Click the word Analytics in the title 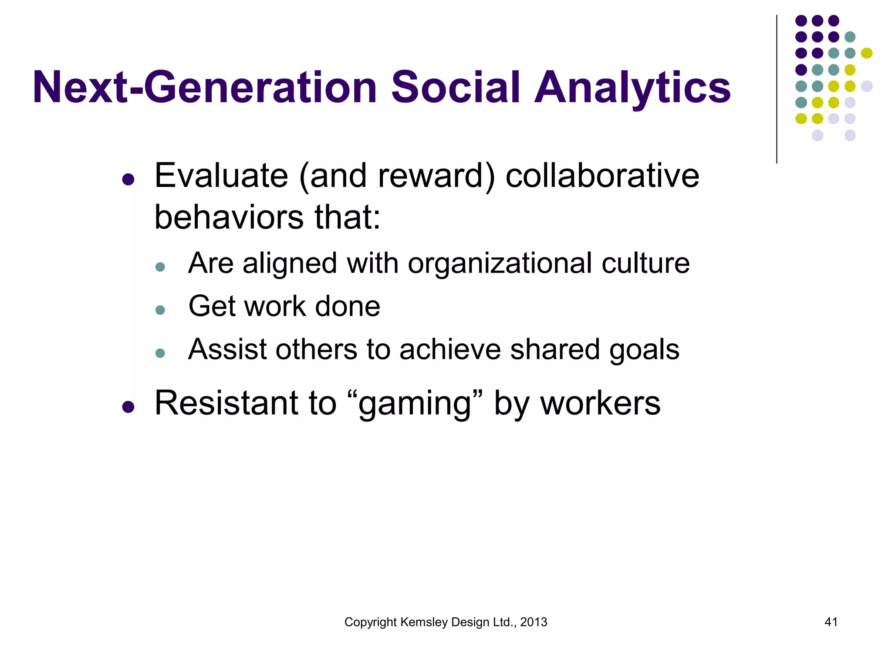(x=632, y=88)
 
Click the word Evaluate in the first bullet (x=221, y=176)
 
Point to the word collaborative (x=602, y=176)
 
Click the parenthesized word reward (x=436, y=176)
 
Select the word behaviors (x=229, y=217)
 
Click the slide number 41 (x=831, y=622)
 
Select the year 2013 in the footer (x=534, y=622)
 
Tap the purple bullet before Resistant (x=128, y=407)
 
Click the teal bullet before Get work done (x=160, y=310)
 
